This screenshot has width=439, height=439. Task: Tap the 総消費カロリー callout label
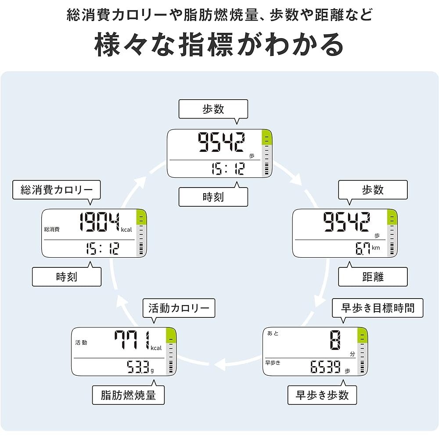click(57, 190)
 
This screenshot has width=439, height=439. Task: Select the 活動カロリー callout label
click(179, 308)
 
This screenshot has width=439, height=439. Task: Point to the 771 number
click(131, 341)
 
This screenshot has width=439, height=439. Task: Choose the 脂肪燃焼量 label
click(128, 395)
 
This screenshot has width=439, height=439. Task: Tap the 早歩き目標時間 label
click(378, 307)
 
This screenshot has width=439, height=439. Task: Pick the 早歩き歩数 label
click(322, 395)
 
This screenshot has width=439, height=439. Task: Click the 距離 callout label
click(373, 277)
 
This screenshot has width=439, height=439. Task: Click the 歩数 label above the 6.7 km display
click(373, 190)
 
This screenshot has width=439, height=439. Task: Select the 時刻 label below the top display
click(213, 197)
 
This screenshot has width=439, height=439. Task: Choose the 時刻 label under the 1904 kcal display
click(67, 277)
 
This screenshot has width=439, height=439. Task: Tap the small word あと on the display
click(273, 334)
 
